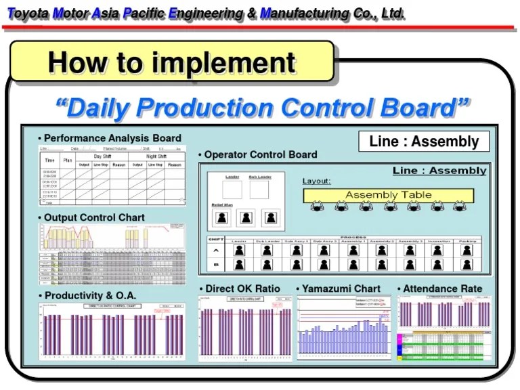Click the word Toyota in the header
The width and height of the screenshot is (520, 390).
tap(27, 14)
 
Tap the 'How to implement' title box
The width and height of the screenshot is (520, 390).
tap(172, 62)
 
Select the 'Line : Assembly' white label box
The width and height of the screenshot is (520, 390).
tap(424, 142)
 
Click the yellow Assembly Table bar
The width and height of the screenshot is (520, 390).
tap(388, 195)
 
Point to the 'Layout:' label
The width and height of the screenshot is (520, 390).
tap(316, 181)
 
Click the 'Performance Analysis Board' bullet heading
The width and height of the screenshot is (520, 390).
tap(112, 138)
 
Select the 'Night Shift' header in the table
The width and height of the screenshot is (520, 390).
tap(156, 156)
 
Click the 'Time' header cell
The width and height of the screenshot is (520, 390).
tap(49, 160)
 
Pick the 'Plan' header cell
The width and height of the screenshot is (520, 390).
tap(68, 160)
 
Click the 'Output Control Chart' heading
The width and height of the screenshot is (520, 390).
tap(94, 217)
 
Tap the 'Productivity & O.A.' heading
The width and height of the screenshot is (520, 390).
tap(90, 296)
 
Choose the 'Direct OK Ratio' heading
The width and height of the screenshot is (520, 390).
tap(242, 288)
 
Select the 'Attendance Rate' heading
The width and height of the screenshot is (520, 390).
tap(443, 288)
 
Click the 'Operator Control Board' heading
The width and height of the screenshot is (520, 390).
tap(261, 154)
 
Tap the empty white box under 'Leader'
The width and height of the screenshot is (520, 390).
tap(232, 190)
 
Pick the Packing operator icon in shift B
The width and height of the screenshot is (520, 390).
tap(467, 265)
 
